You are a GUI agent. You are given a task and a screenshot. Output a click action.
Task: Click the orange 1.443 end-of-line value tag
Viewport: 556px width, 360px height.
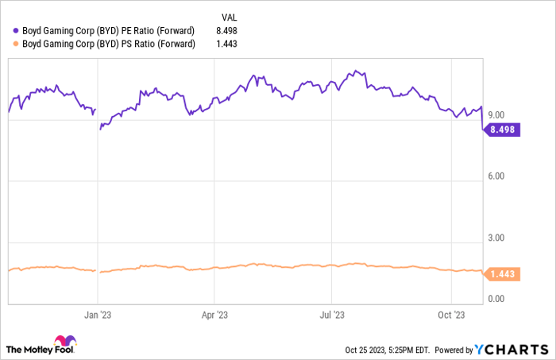coord(502,274)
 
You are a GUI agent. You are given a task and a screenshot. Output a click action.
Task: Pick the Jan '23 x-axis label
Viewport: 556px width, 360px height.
coord(97,314)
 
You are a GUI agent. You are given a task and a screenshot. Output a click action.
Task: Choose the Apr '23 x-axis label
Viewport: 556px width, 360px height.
coord(214,314)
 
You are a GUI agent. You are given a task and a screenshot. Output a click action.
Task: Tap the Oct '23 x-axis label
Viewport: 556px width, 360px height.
coord(450,314)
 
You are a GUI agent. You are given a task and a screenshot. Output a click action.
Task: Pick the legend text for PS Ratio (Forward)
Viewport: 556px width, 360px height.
coord(109,44)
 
